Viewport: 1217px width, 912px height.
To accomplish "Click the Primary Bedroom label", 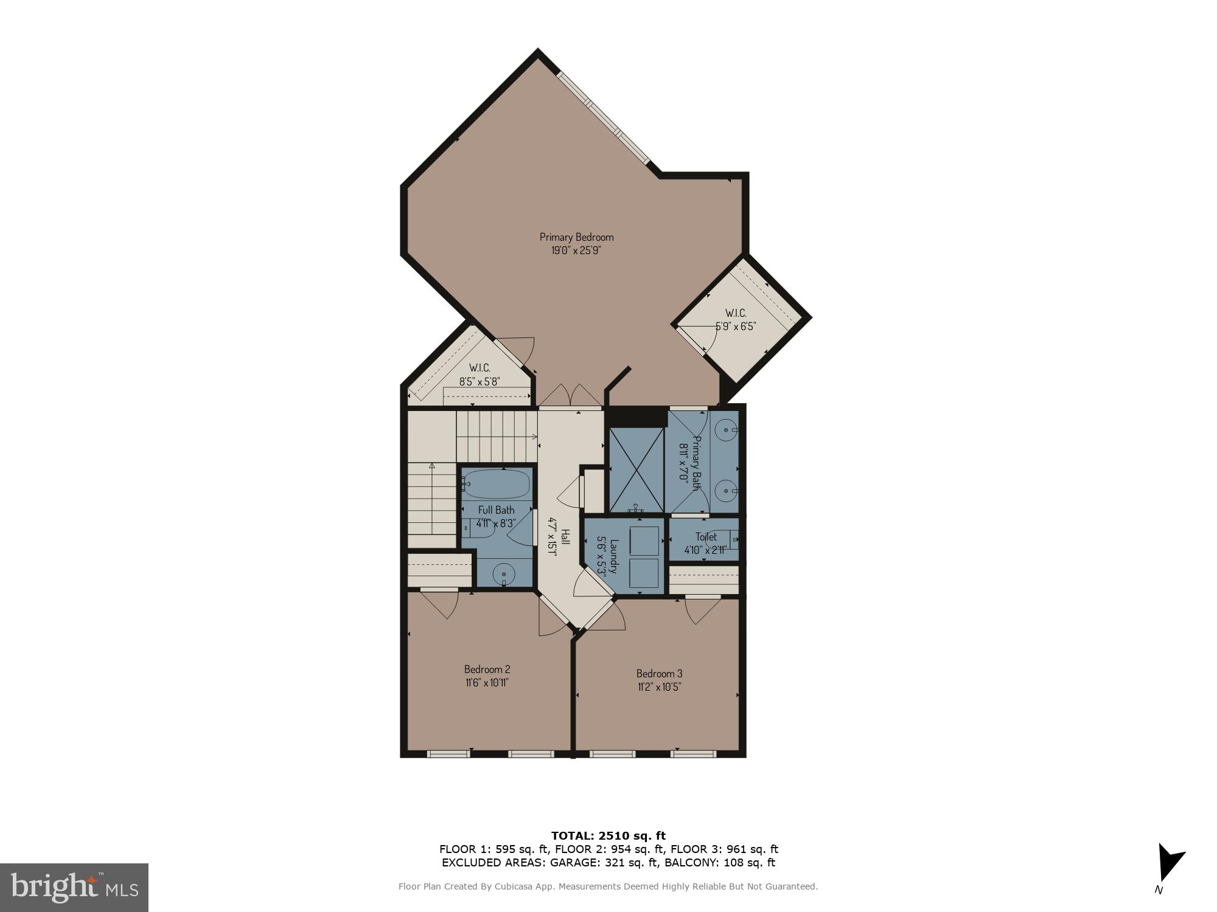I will coord(576,237).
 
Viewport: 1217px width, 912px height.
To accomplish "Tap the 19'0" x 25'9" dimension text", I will coord(576,250).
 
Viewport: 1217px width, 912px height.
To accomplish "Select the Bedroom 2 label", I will coord(487,669).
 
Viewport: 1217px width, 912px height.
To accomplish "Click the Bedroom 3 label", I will coord(659,674).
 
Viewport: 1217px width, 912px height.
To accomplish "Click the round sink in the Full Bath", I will coord(504,573).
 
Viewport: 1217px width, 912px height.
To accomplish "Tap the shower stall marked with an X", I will coord(636,470).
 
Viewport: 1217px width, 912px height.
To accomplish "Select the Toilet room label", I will coord(706,537).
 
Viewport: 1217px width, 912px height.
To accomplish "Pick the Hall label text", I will coord(565,537).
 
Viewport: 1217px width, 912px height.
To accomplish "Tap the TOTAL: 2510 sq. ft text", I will coord(608,835).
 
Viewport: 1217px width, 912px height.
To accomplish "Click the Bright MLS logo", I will coord(74,887).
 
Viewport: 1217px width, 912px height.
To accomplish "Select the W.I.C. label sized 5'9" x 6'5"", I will coord(736,313).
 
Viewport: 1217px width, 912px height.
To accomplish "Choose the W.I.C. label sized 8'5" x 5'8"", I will coord(479,368).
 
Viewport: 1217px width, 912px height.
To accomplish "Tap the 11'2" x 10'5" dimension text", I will coord(658,687).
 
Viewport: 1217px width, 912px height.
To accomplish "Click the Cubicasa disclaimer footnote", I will coord(608,886).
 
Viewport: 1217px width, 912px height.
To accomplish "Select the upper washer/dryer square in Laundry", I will coord(644,541).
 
